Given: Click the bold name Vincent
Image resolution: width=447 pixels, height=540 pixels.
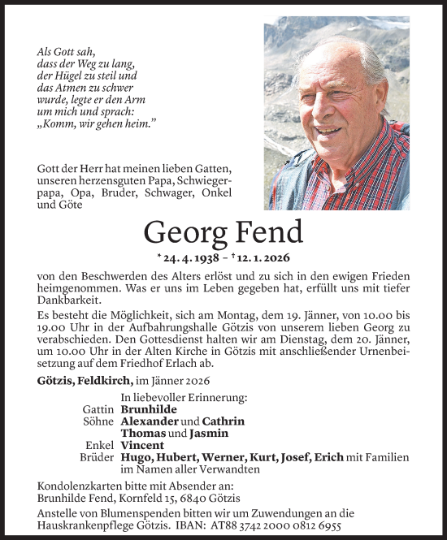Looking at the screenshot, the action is click(x=143, y=446).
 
